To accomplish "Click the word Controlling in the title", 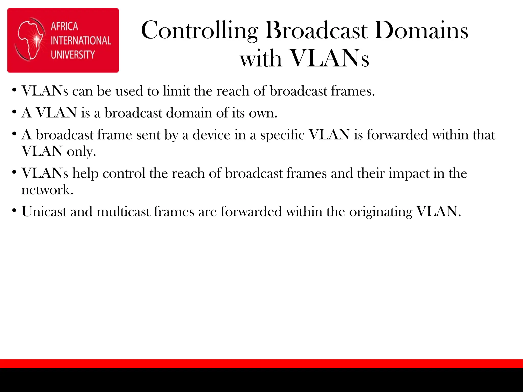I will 199,31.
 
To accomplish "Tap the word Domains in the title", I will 421,31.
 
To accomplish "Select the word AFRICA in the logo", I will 64,26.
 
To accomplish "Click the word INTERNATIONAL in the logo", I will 81,41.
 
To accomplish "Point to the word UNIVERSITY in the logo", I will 73,55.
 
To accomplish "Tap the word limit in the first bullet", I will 176,91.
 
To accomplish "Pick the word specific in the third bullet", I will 282,135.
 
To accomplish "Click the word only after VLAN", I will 81,152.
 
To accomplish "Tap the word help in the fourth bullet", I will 86,174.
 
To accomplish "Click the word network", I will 47,190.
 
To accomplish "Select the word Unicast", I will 44,212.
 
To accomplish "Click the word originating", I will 381,212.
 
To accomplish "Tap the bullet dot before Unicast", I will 14,211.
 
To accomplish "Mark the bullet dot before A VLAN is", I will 14,112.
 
